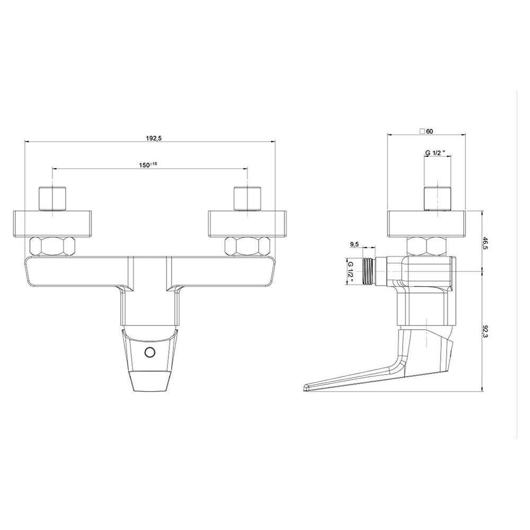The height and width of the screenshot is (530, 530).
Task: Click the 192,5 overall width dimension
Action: pos(153,138)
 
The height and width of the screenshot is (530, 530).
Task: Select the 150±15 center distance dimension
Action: pos(148,165)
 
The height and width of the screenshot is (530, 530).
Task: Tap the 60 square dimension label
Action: pos(426,131)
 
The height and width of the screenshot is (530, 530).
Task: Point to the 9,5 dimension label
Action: pos(354,245)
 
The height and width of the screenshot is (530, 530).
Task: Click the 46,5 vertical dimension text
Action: pos(485,243)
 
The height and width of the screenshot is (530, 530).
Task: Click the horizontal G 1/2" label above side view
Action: pos(438,153)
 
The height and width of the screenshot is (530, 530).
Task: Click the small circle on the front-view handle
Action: pos(149,352)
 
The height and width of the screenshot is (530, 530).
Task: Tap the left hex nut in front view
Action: pos(52,246)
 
